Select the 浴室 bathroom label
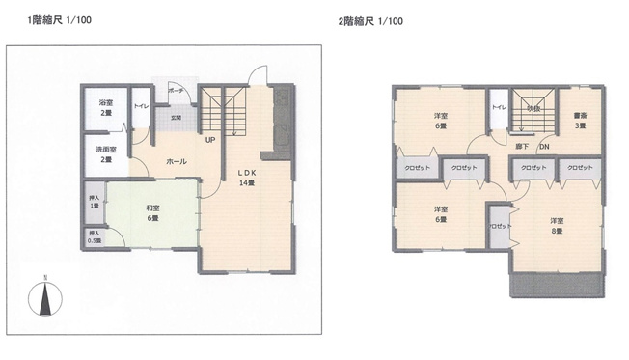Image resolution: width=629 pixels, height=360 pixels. pyautogui.click(x=106, y=107)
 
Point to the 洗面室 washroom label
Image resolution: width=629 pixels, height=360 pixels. pyautogui.click(x=106, y=154)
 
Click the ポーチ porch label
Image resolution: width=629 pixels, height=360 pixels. pyautogui.click(x=175, y=90)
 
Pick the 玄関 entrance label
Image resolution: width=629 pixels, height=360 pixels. pyautogui.click(x=175, y=118)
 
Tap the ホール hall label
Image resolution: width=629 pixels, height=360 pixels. pyautogui.click(x=177, y=161)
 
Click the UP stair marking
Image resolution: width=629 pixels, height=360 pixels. pyautogui.click(x=209, y=138)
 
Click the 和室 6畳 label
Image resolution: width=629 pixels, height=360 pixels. pyautogui.click(x=152, y=211)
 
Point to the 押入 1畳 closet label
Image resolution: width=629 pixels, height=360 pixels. pyautogui.click(x=94, y=202)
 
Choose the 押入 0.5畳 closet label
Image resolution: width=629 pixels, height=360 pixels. pyautogui.click(x=94, y=236)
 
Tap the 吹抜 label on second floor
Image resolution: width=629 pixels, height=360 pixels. pyautogui.click(x=533, y=109)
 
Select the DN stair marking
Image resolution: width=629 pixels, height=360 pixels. pyautogui.click(x=544, y=147)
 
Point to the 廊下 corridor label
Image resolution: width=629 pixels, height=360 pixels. pyautogui.click(x=521, y=147)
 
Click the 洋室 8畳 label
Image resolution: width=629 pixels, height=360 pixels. pyautogui.click(x=557, y=224)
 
